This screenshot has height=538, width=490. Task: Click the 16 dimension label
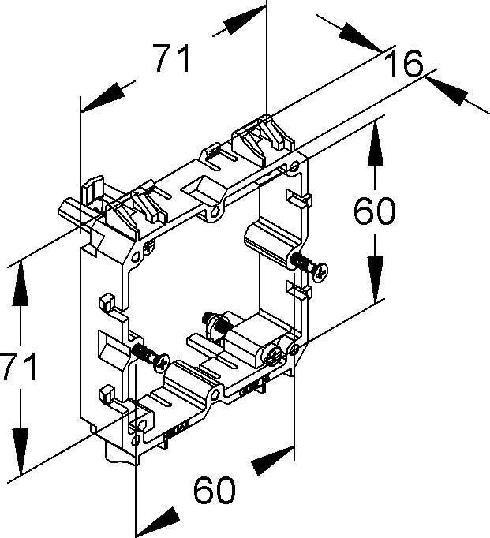coord(402,64)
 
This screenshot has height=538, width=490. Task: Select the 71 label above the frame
coord(172,59)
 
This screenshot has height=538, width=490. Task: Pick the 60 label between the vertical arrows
coord(374,211)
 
